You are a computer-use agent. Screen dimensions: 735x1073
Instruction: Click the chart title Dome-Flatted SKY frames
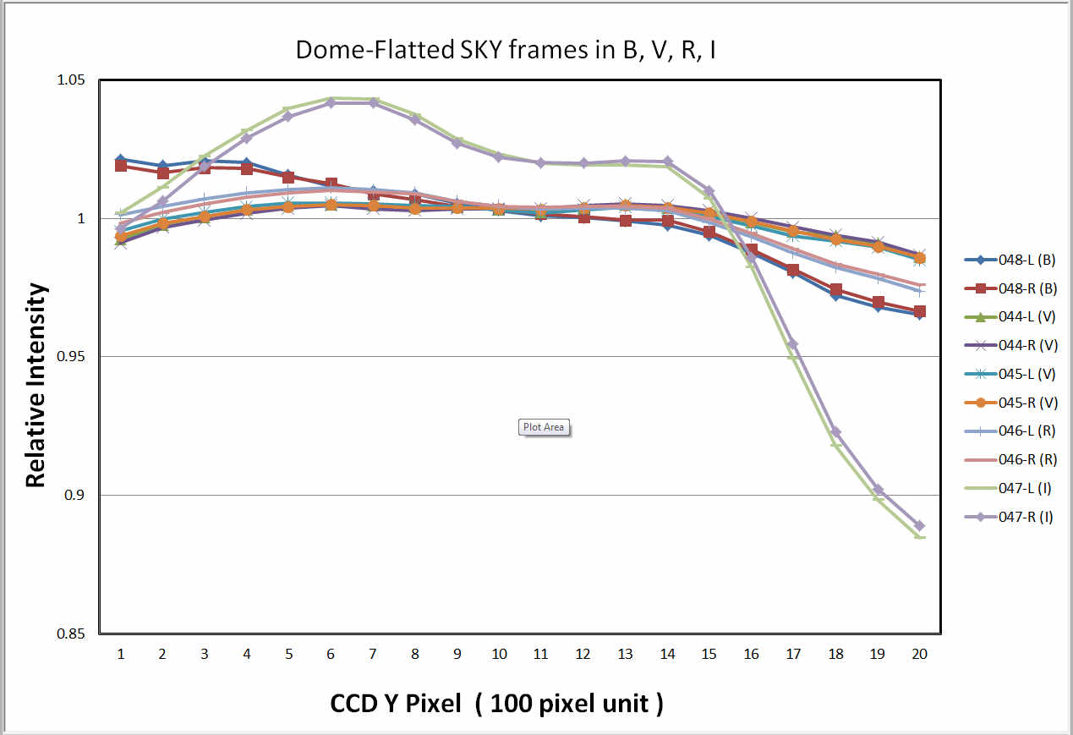click(x=506, y=50)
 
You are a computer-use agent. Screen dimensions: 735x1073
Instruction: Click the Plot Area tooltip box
click(x=543, y=427)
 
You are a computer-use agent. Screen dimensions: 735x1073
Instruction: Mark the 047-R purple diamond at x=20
click(x=919, y=526)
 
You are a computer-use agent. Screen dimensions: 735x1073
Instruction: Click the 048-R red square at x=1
click(x=121, y=166)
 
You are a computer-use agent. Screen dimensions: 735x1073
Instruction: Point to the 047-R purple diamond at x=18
click(x=835, y=432)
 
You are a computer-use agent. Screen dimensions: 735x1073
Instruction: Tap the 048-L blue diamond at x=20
click(x=919, y=314)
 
